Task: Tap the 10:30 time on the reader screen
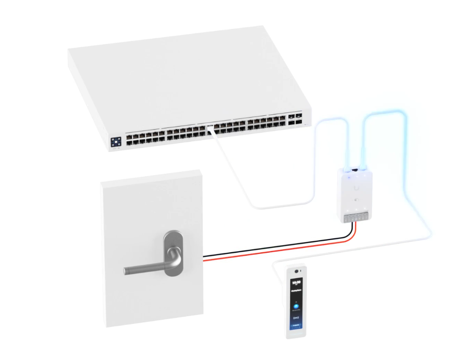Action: [296, 283]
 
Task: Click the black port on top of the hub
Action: [355, 170]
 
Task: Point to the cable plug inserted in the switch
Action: [210, 129]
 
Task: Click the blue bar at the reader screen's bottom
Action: [295, 331]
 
